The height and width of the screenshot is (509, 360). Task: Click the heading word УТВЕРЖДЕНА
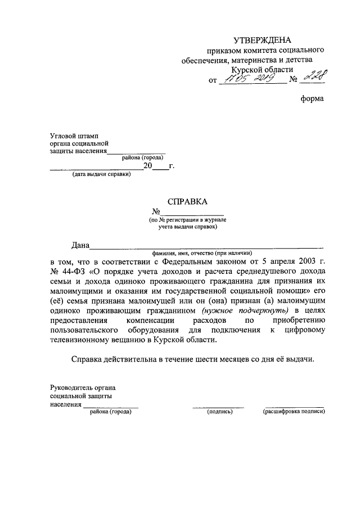[263, 40]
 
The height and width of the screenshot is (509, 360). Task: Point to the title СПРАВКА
[187, 201]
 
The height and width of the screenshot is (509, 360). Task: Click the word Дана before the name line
[80, 245]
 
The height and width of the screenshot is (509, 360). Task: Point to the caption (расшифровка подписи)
[294, 412]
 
